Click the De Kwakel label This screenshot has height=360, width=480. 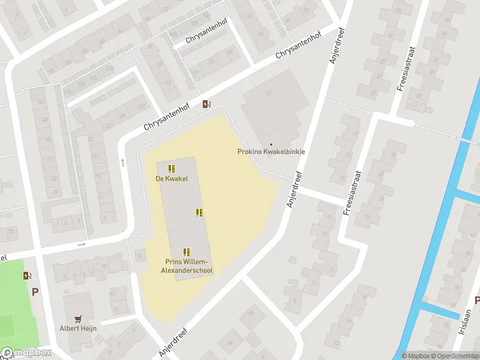[172, 178]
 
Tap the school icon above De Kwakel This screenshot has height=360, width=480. [172, 169]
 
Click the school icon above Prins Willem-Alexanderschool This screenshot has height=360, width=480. [187, 252]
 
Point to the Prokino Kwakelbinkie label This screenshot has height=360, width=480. [271, 152]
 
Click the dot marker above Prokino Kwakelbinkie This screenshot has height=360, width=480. [271, 144]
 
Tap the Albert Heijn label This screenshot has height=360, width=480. [78, 328]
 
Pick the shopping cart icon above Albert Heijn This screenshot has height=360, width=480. [78, 319]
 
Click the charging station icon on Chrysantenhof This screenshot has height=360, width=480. [206, 104]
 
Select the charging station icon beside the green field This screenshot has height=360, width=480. [26, 276]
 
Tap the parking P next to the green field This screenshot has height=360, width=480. [35, 292]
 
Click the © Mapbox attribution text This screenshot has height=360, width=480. [416, 356]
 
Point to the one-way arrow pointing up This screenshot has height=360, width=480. [123, 162]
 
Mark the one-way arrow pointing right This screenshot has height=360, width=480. [82, 245]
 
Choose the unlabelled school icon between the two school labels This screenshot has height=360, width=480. [199, 212]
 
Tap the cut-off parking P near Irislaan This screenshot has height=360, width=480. [477, 300]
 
